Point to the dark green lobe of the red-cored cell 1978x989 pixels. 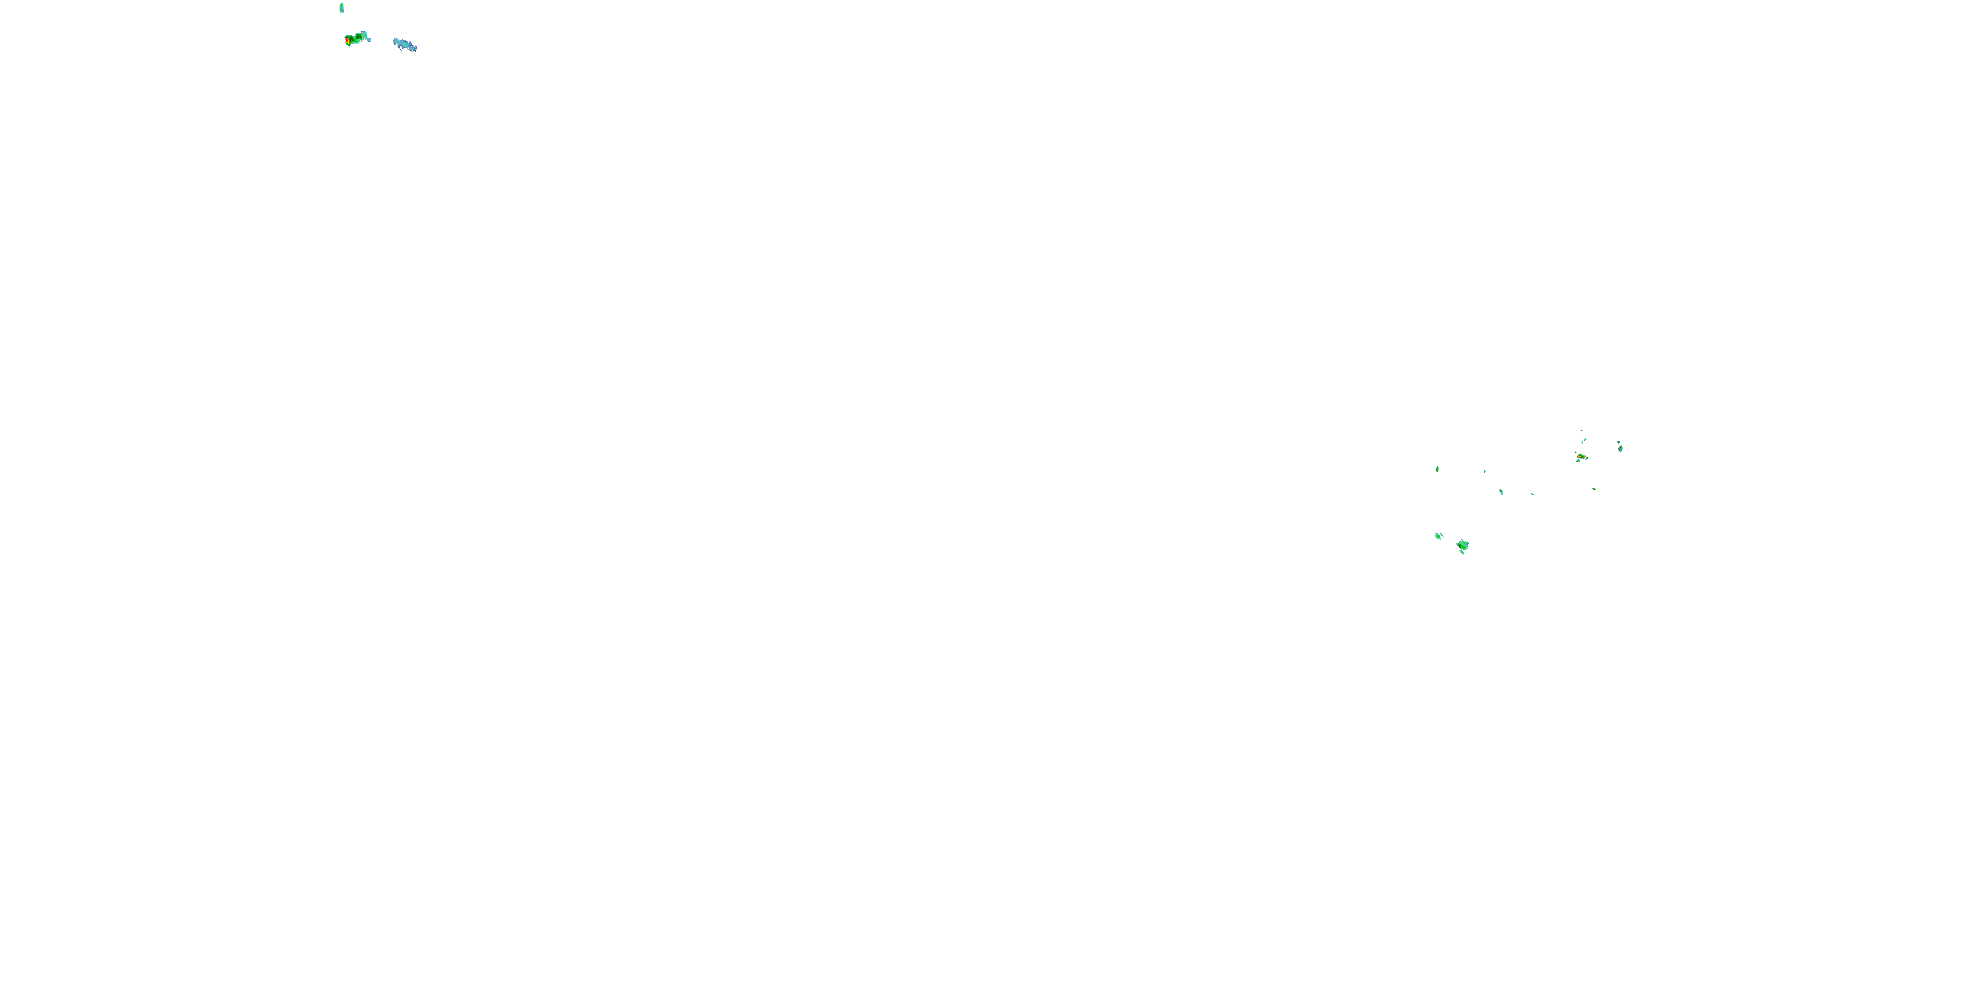(359, 36)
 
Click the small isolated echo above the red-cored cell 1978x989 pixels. (342, 8)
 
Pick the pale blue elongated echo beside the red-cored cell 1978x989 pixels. (405, 45)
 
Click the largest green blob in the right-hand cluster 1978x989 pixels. (1463, 545)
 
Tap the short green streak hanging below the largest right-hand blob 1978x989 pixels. (1462, 552)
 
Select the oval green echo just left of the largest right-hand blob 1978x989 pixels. (1438, 535)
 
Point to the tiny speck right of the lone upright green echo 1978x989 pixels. (1484, 471)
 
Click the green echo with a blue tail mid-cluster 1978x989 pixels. (1501, 491)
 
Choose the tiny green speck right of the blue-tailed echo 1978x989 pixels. (1532, 494)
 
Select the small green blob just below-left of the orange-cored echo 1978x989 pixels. (1577, 461)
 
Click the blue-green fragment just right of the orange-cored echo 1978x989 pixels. (1586, 458)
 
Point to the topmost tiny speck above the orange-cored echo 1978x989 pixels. (1582, 431)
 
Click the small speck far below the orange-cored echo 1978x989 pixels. (1594, 489)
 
